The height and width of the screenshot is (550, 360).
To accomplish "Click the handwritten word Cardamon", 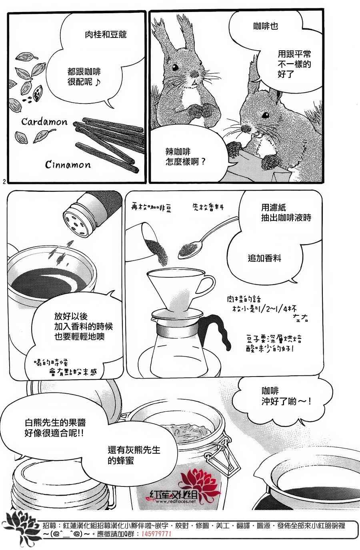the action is point(44,122).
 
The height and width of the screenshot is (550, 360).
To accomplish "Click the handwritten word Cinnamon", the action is point(68,164).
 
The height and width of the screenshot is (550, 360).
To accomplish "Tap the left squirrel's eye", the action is point(175,67).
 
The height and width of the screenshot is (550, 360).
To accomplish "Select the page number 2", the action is point(4,182).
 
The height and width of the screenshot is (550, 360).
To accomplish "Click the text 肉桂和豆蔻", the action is point(106,35).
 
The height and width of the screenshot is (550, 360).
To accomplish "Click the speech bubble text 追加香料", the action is point(264,258).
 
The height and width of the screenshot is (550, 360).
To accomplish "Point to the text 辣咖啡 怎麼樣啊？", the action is point(186,157).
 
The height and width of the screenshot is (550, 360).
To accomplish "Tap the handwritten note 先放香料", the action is point(208,207).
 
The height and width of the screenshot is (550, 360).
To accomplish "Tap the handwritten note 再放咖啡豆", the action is point(151,208).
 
